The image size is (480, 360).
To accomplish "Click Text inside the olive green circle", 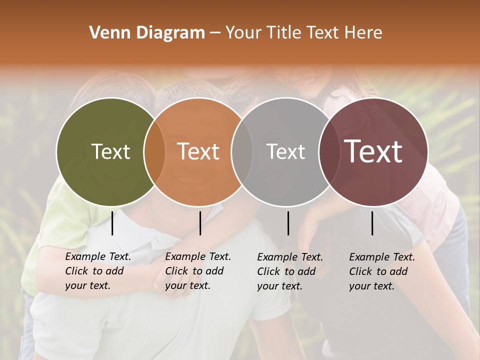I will (x=110, y=151).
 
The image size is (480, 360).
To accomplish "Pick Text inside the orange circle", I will (x=198, y=151).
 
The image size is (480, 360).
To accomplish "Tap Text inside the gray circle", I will (x=286, y=151).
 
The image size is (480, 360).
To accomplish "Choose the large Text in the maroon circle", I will (x=373, y=151).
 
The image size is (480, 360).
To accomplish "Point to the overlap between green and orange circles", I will (x=154, y=151).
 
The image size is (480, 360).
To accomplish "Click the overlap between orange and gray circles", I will (x=242, y=151).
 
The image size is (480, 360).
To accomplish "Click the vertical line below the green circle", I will (x=112, y=223).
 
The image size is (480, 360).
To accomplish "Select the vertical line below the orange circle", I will (x=200, y=223).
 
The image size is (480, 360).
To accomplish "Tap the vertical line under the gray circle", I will (x=288, y=223).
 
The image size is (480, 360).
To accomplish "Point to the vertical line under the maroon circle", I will (x=372, y=223).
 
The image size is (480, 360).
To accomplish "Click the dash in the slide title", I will (x=215, y=33).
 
